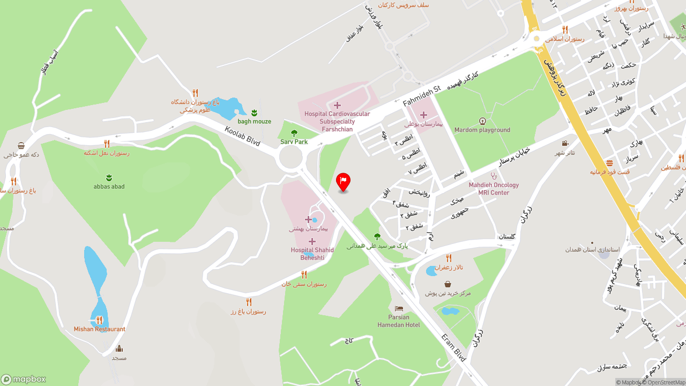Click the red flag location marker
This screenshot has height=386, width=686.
(343, 181)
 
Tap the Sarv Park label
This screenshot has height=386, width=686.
(294, 142)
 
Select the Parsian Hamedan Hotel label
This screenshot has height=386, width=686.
(399, 321)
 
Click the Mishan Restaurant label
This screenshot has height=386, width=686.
(100, 329)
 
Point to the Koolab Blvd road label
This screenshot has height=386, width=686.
(242, 136)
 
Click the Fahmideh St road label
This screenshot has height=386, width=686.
(421, 95)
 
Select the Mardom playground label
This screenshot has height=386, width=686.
(482, 130)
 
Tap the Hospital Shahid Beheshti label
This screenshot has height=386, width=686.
(312, 254)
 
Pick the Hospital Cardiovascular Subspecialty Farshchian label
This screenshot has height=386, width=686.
(337, 121)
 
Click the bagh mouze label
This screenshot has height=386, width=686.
(255, 121)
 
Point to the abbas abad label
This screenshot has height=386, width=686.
(109, 187)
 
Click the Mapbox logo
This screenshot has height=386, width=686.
(24, 380)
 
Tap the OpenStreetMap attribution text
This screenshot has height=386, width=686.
(666, 382)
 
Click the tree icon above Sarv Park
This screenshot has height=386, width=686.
(294, 133)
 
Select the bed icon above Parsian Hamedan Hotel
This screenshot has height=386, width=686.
(399, 309)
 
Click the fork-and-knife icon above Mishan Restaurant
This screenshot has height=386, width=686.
(99, 320)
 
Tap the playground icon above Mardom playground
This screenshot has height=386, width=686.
(482, 121)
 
